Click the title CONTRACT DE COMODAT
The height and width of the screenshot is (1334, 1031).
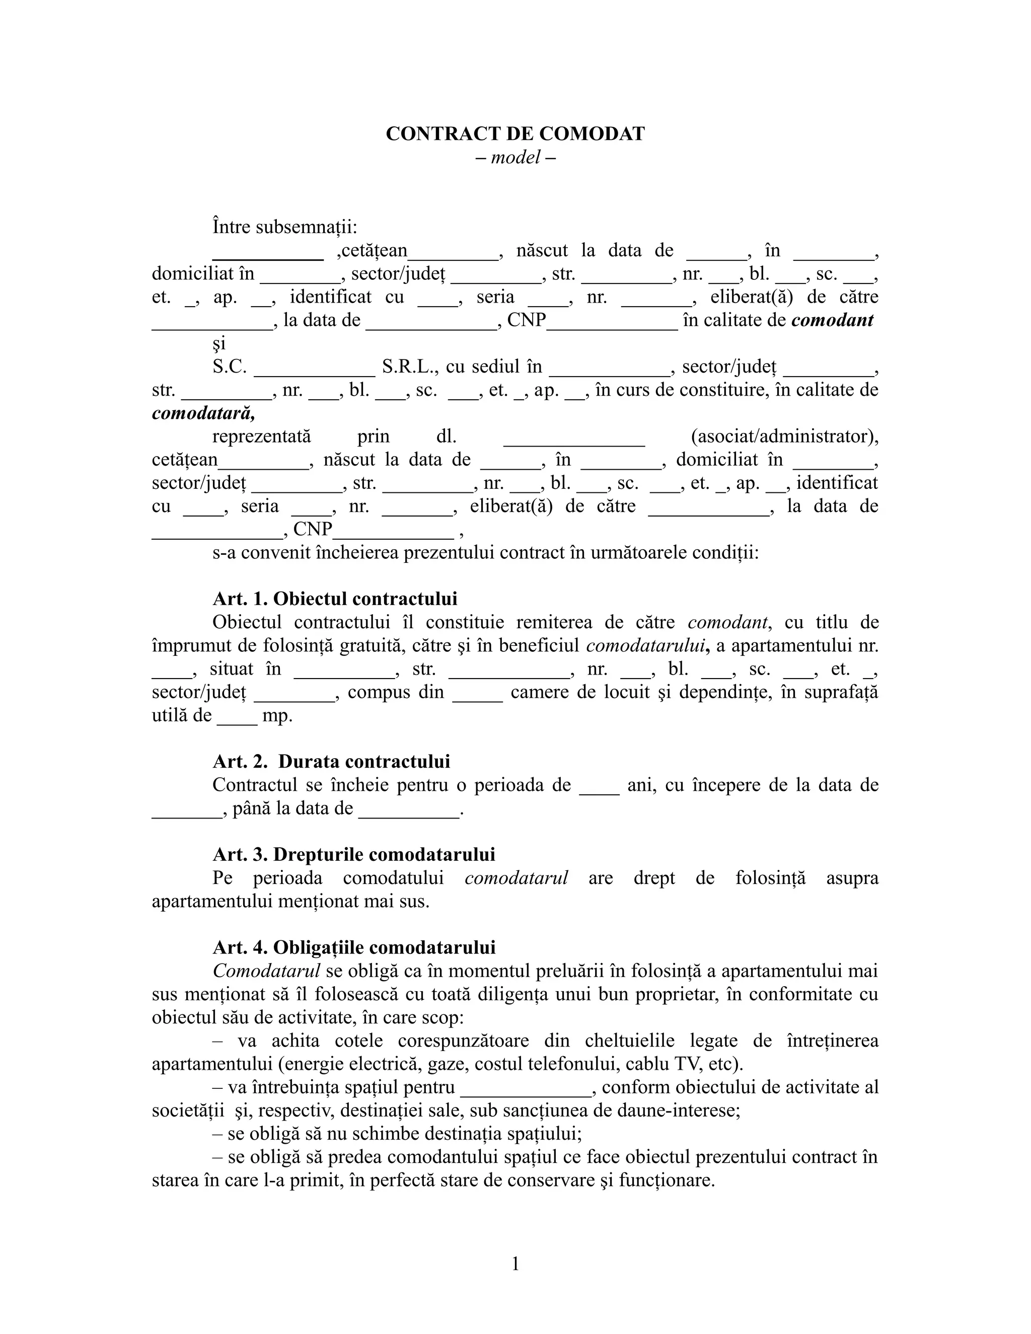click(515, 134)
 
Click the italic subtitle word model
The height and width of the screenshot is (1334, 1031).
click(515, 158)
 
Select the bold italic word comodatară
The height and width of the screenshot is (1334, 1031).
click(203, 413)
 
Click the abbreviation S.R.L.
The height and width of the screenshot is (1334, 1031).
click(409, 366)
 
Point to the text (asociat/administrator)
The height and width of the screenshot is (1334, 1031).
click(784, 436)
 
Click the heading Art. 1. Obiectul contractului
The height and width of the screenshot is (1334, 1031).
click(335, 599)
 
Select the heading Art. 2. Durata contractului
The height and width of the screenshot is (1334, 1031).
click(331, 762)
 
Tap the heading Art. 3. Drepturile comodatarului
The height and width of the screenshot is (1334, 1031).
click(353, 855)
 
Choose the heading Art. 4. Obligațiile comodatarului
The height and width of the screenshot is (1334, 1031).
click(353, 947)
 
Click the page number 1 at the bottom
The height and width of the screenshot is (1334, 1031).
click(515, 1263)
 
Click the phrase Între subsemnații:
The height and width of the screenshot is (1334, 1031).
click(284, 227)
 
